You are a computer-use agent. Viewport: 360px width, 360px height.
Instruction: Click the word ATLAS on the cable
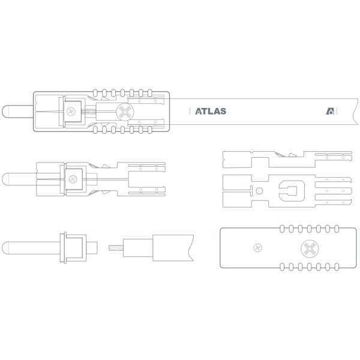tap(211, 112)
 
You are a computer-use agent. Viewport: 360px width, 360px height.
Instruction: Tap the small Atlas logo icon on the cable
tap(330, 112)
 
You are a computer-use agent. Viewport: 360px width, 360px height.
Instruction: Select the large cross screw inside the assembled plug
tap(125, 112)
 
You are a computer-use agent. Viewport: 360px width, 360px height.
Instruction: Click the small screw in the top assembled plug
tap(71, 112)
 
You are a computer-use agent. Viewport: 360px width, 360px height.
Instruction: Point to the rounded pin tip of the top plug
tap(5, 112)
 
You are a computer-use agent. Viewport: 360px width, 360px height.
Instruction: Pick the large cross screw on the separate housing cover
tap(310, 248)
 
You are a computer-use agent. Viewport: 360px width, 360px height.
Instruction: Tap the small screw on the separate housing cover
tap(257, 248)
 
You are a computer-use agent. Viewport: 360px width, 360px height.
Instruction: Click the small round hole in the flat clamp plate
tap(259, 191)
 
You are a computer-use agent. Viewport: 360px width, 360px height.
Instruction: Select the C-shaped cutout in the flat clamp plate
tap(292, 191)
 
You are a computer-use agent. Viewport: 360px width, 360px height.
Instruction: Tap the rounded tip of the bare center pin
tap(5, 248)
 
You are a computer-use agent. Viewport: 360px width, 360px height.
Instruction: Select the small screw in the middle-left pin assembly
tap(73, 179)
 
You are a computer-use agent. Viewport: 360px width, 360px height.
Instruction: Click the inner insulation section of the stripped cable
tap(138, 248)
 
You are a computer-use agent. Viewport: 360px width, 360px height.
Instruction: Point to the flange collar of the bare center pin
tap(63, 248)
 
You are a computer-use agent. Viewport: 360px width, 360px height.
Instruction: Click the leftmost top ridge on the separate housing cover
tap(282, 229)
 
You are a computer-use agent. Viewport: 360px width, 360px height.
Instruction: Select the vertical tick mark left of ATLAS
tap(190, 112)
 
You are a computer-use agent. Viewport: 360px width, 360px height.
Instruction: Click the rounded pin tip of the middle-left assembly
tap(5, 179)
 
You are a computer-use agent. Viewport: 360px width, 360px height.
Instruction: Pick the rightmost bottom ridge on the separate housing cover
tap(337, 267)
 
